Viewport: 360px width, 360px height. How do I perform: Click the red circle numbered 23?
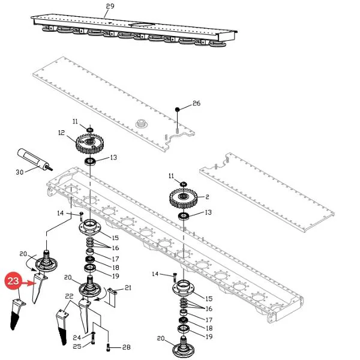click(13, 281)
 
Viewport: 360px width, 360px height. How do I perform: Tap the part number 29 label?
click(110, 6)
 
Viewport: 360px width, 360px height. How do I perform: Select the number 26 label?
click(196, 103)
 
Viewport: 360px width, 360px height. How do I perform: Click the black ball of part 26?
click(177, 110)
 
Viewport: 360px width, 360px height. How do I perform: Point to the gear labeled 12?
click(89, 144)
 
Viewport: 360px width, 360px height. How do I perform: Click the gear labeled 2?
click(183, 197)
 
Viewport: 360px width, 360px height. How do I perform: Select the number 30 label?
click(20, 172)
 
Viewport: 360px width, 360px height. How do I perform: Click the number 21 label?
click(128, 287)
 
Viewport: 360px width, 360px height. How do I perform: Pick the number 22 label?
click(69, 296)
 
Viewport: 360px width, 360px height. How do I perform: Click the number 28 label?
click(126, 347)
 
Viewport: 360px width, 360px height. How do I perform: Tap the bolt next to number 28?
click(109, 347)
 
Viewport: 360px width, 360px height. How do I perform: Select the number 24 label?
click(77, 337)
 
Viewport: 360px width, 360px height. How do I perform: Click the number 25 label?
click(77, 346)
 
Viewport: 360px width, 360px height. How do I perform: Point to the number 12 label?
click(62, 133)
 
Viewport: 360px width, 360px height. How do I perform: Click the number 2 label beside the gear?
click(208, 197)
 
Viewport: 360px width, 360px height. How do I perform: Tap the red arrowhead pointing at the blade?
click(32, 283)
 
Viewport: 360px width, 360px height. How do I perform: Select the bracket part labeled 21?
click(112, 298)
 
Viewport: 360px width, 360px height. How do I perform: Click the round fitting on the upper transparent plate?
click(142, 124)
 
